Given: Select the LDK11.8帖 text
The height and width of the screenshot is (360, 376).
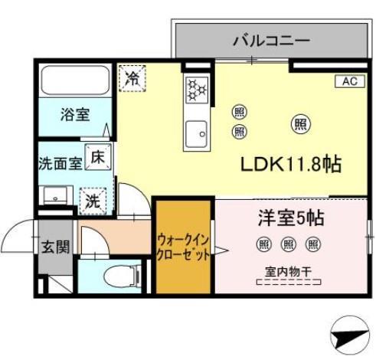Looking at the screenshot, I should tap(291, 165).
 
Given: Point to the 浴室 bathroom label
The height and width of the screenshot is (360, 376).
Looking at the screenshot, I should tap(75, 115).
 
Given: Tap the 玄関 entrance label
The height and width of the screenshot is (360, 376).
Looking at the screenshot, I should tap(55, 247).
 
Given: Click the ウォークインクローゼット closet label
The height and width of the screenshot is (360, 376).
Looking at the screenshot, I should tap(184, 247).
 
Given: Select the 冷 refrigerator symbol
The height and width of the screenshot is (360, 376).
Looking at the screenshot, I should tap(132, 77).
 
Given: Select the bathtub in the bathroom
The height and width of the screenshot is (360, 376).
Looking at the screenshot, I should tap(75, 81).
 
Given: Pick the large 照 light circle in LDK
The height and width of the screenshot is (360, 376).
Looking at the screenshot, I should tap(300, 123).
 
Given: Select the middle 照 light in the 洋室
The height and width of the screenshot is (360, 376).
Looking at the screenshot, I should tap(288, 244).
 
